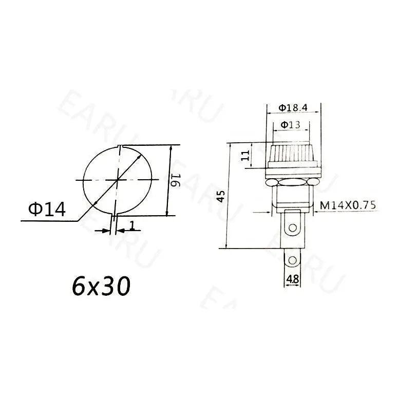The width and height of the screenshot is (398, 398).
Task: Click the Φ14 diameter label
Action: [47, 209]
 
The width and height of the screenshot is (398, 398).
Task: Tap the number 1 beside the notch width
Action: [132, 225]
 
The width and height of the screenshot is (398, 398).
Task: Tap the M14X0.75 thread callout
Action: [348, 205]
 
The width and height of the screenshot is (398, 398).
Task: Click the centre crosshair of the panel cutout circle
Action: [118, 180]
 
